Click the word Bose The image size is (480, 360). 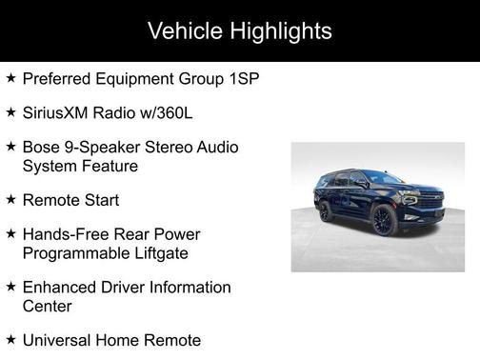(x=41, y=148)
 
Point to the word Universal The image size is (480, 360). (x=59, y=340)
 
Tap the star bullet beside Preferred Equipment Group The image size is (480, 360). (x=10, y=77)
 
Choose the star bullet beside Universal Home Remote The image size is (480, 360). (x=10, y=339)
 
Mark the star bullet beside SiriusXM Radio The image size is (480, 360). (x=10, y=111)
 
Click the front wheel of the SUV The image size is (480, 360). (x=384, y=221)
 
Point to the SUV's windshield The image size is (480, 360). (x=384, y=178)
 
